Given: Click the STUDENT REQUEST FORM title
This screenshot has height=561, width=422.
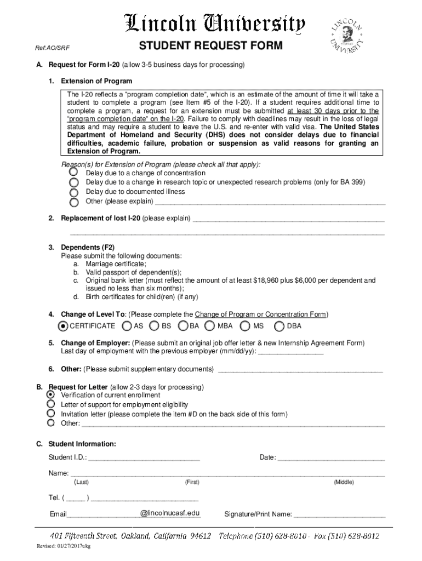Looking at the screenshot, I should click(210, 45).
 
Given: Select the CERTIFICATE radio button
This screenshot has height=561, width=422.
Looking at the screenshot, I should click(63, 326).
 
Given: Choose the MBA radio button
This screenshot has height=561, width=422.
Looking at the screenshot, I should click(209, 326).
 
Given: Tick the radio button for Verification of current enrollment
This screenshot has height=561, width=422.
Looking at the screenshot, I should click(51, 395).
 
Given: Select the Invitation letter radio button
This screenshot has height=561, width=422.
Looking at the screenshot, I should click(51, 414).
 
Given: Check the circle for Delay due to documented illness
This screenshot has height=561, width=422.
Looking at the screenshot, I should click(73, 192).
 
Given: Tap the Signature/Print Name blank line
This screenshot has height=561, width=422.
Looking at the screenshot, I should click(340, 515).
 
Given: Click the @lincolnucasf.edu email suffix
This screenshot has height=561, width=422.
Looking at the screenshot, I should click(170, 513).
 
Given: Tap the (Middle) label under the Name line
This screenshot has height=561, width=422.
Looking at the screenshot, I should click(344, 483).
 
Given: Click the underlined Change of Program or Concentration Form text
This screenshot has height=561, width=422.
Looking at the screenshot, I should click(260, 314).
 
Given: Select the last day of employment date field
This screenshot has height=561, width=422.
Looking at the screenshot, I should click(290, 352).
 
